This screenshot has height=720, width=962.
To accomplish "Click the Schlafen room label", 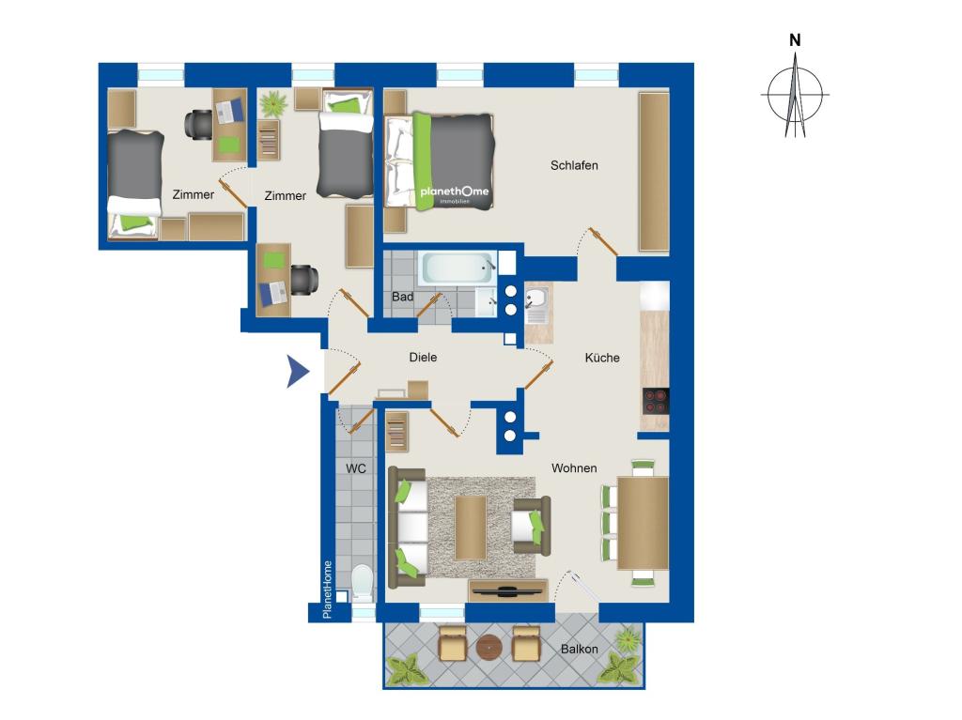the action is coord(574,165).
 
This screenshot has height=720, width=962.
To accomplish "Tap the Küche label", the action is coord(602,358).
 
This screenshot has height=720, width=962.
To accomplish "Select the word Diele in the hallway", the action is coord(423,357).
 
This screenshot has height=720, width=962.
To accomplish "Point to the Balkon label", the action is coord(579,649).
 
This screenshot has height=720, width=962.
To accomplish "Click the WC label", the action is coord(356,468).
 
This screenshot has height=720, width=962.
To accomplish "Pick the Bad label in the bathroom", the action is coord(402,297).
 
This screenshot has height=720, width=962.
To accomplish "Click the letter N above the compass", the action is coord(795,40).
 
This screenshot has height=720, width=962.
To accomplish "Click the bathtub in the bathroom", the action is coord(458,268).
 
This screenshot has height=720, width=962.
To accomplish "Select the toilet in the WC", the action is coord(362,583).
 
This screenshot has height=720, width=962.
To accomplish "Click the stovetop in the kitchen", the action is coord(655,402).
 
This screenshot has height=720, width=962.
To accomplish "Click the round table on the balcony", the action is coord(489,647).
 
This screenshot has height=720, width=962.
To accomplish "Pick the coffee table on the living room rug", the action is coord(471,529).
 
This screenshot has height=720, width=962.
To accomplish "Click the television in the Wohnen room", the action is coord(507,591).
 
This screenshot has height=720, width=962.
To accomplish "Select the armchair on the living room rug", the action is coord(531,526).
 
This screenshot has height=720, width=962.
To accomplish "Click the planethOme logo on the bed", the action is coord(455,192).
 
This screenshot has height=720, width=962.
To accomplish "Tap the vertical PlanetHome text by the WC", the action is coord(327,590).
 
